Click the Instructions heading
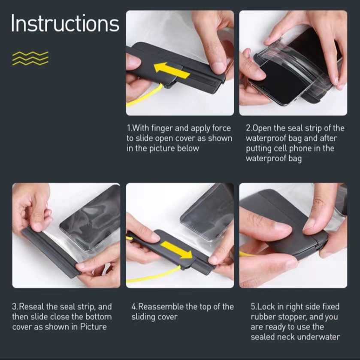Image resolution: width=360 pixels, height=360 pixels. pos(65,23)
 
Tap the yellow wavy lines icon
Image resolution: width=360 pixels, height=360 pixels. pos(30,58)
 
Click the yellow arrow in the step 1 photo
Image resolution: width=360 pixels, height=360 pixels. pos(171,70)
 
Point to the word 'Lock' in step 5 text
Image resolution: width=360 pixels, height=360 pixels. pos(263,307)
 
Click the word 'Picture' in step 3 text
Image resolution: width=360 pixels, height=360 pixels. pos(94,327)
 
